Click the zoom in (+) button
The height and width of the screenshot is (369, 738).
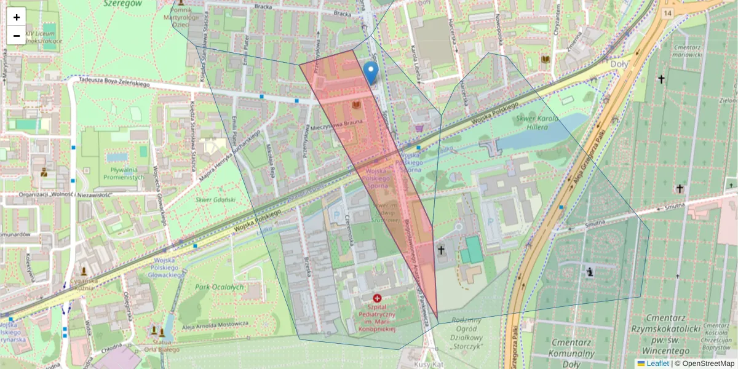(17, 17)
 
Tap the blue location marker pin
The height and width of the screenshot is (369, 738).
(370, 73)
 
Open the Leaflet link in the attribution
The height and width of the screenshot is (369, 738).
(657, 363)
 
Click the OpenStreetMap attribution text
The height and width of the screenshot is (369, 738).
(708, 363)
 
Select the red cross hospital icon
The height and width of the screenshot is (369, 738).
(377, 298)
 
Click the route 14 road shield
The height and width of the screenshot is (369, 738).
(667, 12)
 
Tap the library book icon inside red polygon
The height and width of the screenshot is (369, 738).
(356, 106)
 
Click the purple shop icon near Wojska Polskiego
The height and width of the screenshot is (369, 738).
(419, 128)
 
